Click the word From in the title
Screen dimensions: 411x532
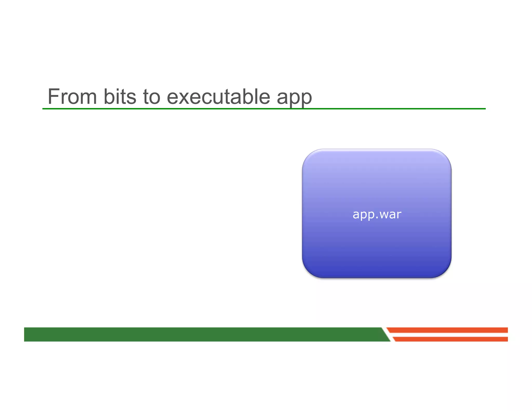[72, 97]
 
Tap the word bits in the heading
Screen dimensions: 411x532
[120, 97]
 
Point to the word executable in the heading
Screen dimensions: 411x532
[218, 97]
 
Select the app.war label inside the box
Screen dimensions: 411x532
[377, 215]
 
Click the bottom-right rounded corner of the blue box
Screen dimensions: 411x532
[445, 272]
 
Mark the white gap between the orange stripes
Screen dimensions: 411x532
[449, 335]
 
